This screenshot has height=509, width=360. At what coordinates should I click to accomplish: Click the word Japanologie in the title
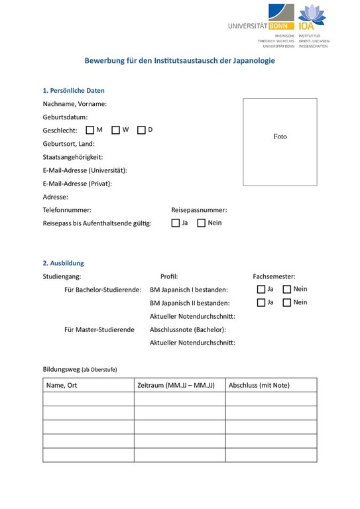click(x=253, y=60)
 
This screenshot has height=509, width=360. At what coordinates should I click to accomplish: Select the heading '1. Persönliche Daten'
click(x=74, y=90)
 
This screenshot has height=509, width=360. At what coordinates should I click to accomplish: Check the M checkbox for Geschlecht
click(x=90, y=130)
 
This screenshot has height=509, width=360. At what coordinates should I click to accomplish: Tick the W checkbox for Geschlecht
click(x=115, y=130)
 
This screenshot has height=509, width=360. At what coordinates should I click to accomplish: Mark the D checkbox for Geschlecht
click(x=141, y=130)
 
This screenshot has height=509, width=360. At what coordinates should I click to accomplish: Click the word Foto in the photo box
click(x=280, y=137)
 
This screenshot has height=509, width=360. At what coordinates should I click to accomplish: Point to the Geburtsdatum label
click(x=65, y=117)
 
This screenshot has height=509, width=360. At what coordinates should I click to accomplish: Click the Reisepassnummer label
click(x=199, y=209)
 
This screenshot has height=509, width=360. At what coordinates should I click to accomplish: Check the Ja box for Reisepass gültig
click(x=176, y=223)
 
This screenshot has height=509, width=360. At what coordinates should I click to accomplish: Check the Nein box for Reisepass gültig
click(x=202, y=223)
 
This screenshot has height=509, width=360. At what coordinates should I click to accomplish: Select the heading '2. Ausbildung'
click(x=63, y=263)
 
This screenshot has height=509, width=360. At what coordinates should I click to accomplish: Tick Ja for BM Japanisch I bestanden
click(x=261, y=289)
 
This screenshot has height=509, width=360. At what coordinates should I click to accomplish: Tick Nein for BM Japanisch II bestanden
click(x=287, y=302)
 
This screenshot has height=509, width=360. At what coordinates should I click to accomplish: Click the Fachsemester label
click(x=274, y=276)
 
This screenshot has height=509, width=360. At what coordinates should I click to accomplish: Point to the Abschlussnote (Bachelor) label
click(x=188, y=329)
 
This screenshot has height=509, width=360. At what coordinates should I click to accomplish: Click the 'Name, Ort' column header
click(x=62, y=385)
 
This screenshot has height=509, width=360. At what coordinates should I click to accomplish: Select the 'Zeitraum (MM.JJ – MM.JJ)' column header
click(x=176, y=385)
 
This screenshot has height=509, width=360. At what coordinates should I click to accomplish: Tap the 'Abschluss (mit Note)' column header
click(x=259, y=385)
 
